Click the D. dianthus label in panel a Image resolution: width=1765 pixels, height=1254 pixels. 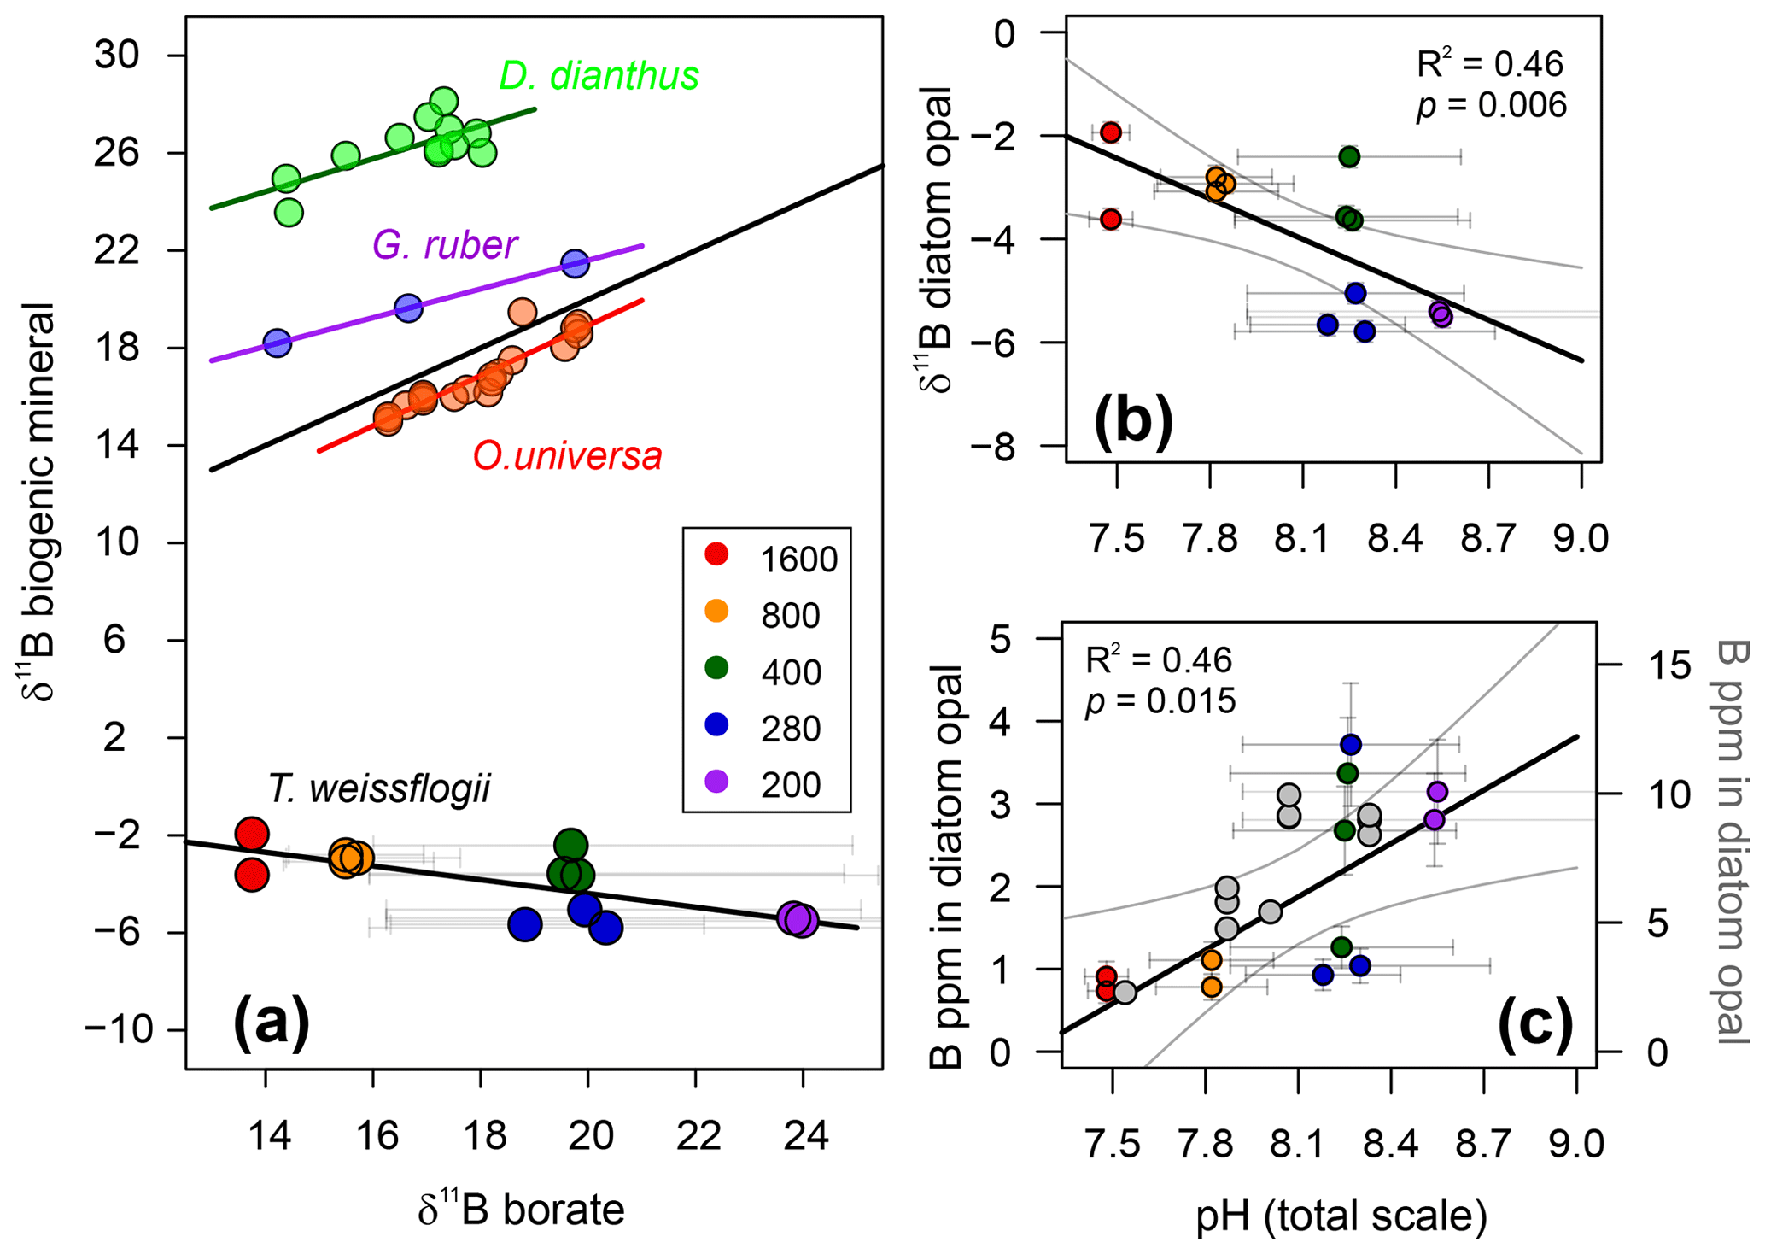click(x=599, y=76)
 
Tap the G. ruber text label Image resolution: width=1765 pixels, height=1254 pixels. click(x=444, y=245)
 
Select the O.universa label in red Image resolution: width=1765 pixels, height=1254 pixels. click(x=567, y=456)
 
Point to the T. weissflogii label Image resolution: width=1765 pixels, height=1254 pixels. click(x=379, y=788)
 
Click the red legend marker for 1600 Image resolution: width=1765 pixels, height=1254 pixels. click(x=717, y=554)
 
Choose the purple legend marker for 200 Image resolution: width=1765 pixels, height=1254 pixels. click(x=717, y=781)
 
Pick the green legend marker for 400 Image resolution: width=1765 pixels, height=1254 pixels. click(x=717, y=668)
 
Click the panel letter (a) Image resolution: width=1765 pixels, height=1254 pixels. click(x=271, y=1023)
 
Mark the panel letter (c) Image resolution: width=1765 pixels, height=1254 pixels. click(x=1535, y=1025)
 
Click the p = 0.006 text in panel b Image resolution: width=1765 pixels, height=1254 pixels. click(x=1492, y=105)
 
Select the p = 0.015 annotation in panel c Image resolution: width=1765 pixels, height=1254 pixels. click(x=1160, y=700)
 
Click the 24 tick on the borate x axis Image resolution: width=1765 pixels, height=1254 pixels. click(x=804, y=1137)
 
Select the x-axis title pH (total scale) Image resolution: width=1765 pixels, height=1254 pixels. click(x=1341, y=1216)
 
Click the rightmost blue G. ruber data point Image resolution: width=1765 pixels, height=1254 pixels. click(x=576, y=263)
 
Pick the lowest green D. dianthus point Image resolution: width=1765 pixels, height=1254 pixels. click(x=289, y=212)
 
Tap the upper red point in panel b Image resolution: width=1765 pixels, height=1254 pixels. click(x=1110, y=132)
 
